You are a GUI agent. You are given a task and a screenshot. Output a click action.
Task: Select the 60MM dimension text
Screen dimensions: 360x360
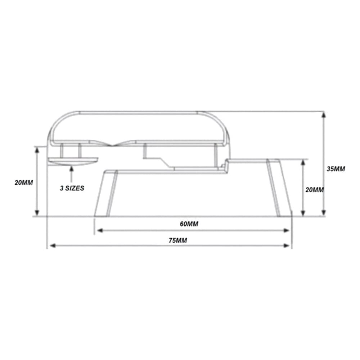pos(189,224)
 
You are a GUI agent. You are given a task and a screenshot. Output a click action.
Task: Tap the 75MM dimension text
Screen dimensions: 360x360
pos(178,240)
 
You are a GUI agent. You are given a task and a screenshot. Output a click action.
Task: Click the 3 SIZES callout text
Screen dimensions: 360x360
pos(72,188)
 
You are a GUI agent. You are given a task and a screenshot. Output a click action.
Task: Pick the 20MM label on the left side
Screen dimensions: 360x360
pos(24,183)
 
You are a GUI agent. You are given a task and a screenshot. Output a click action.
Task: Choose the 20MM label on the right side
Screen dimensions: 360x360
pos(314,190)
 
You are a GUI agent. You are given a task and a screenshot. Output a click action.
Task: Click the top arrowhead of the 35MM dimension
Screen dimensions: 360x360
pos(324,114)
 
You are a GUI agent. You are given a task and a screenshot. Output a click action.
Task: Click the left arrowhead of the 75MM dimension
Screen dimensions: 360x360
pos(52,246)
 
